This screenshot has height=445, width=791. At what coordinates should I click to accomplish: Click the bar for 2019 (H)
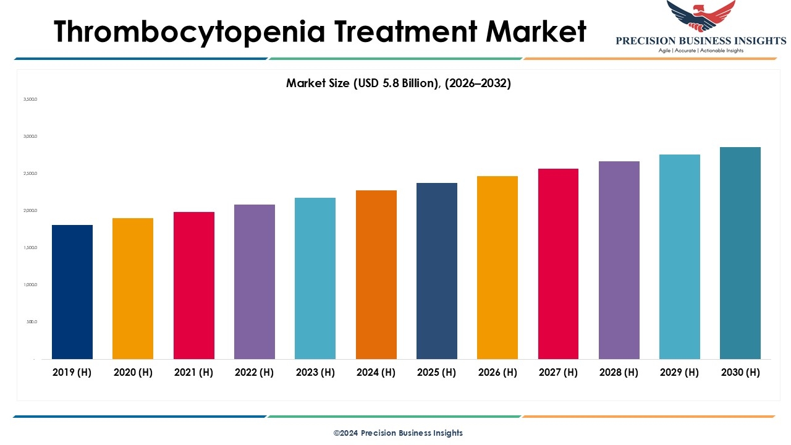tap(72, 292)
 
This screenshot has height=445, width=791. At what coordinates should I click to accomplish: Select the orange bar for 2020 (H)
tap(133, 289)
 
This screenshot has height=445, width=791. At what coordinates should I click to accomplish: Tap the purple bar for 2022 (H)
tap(255, 282)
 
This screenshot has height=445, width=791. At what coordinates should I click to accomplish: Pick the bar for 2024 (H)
tap(376, 274)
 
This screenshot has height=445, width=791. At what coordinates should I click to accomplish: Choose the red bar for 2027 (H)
tap(558, 264)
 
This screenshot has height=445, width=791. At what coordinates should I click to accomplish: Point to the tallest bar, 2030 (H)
tap(740, 253)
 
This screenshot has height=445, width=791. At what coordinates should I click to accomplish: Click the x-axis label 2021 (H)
tap(193, 372)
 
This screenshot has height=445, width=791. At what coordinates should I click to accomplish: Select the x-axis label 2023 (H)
tap(315, 372)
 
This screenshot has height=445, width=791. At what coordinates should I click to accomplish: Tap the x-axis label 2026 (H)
tap(497, 372)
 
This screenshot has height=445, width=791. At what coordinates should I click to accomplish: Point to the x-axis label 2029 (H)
tap(679, 372)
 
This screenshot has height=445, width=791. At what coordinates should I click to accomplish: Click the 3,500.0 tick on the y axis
tap(30, 99)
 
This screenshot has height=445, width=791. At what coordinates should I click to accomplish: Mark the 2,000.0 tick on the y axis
tap(30, 211)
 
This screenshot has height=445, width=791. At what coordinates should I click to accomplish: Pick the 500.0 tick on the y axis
tap(31, 322)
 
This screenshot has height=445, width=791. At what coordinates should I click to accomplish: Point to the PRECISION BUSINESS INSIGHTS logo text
tap(701, 41)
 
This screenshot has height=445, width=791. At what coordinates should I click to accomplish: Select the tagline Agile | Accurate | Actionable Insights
tap(701, 51)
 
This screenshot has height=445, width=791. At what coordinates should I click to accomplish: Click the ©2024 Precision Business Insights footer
tap(398, 433)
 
